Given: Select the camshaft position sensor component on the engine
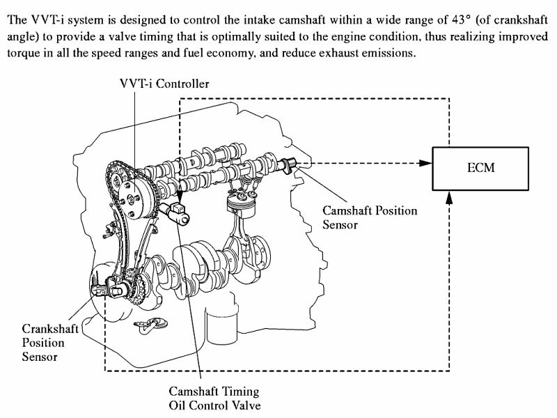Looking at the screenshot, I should tap(288, 164).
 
